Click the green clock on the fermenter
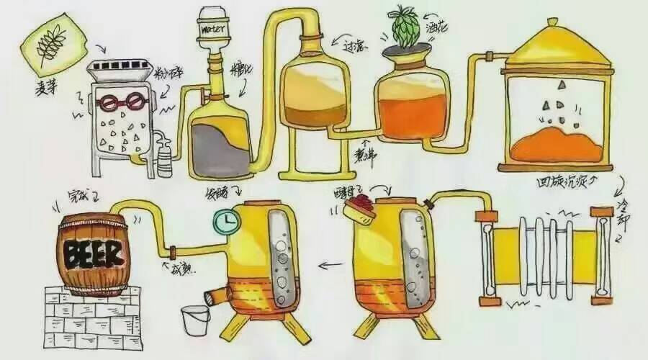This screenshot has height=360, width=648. [x=226, y=220]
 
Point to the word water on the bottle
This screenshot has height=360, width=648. [x=215, y=30]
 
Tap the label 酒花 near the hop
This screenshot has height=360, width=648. [x=439, y=32]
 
